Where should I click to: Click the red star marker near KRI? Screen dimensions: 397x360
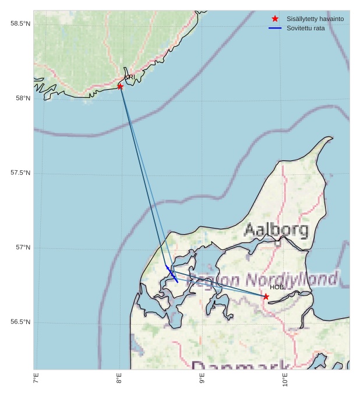click(x=120, y=86)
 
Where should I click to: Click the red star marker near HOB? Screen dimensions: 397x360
click(x=266, y=297)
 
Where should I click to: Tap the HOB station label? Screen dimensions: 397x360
click(x=277, y=287)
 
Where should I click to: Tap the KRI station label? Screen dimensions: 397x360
click(x=130, y=77)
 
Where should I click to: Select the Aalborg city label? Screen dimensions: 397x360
click(x=276, y=230)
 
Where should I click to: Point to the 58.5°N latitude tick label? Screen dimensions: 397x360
click(x=20, y=23)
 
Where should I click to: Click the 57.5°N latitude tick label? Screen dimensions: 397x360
click(x=20, y=173)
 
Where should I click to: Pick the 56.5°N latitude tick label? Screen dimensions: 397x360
click(x=20, y=322)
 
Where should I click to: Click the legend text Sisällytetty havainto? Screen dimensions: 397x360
click(x=315, y=19)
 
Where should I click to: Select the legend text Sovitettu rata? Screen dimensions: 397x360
click(x=306, y=28)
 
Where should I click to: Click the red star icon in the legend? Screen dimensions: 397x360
click(x=275, y=19)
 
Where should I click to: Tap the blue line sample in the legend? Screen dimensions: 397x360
click(x=275, y=28)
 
